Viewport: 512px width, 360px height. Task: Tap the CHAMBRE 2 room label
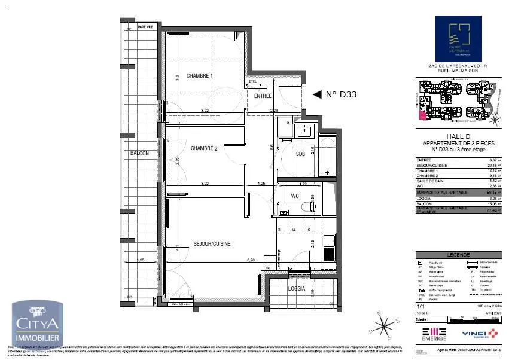pos(203,148)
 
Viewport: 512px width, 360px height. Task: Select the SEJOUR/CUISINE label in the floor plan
pos(212,243)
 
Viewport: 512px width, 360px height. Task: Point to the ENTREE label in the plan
pos(263,96)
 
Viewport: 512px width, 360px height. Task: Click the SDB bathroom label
pos(300,154)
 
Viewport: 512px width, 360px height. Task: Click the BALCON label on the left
pos(139,154)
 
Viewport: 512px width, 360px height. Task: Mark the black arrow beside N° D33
pos(317,94)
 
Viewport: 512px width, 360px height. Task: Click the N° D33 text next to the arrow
pos(341,94)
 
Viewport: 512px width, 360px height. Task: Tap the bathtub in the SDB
pos(328,155)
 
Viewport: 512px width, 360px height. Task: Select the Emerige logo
pos(434,334)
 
